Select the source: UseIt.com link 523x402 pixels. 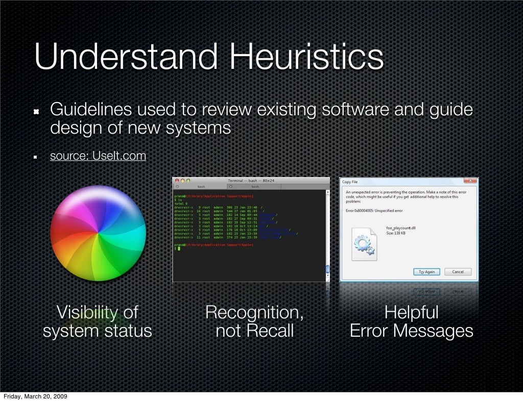coord(98,156)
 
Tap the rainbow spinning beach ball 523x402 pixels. coord(98,233)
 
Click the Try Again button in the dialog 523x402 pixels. coord(426,272)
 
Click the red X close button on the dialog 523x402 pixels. coord(470,181)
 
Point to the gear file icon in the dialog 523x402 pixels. coord(364,245)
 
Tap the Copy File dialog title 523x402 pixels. coord(350,182)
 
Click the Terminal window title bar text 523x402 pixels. coord(251,181)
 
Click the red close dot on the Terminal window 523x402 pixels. coord(177,181)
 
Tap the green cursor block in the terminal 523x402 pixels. coord(179,248)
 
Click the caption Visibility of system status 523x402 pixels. coord(97,321)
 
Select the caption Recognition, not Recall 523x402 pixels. coord(254,321)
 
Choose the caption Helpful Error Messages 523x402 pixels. coord(411,321)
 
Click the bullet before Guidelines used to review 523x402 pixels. coord(37,112)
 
